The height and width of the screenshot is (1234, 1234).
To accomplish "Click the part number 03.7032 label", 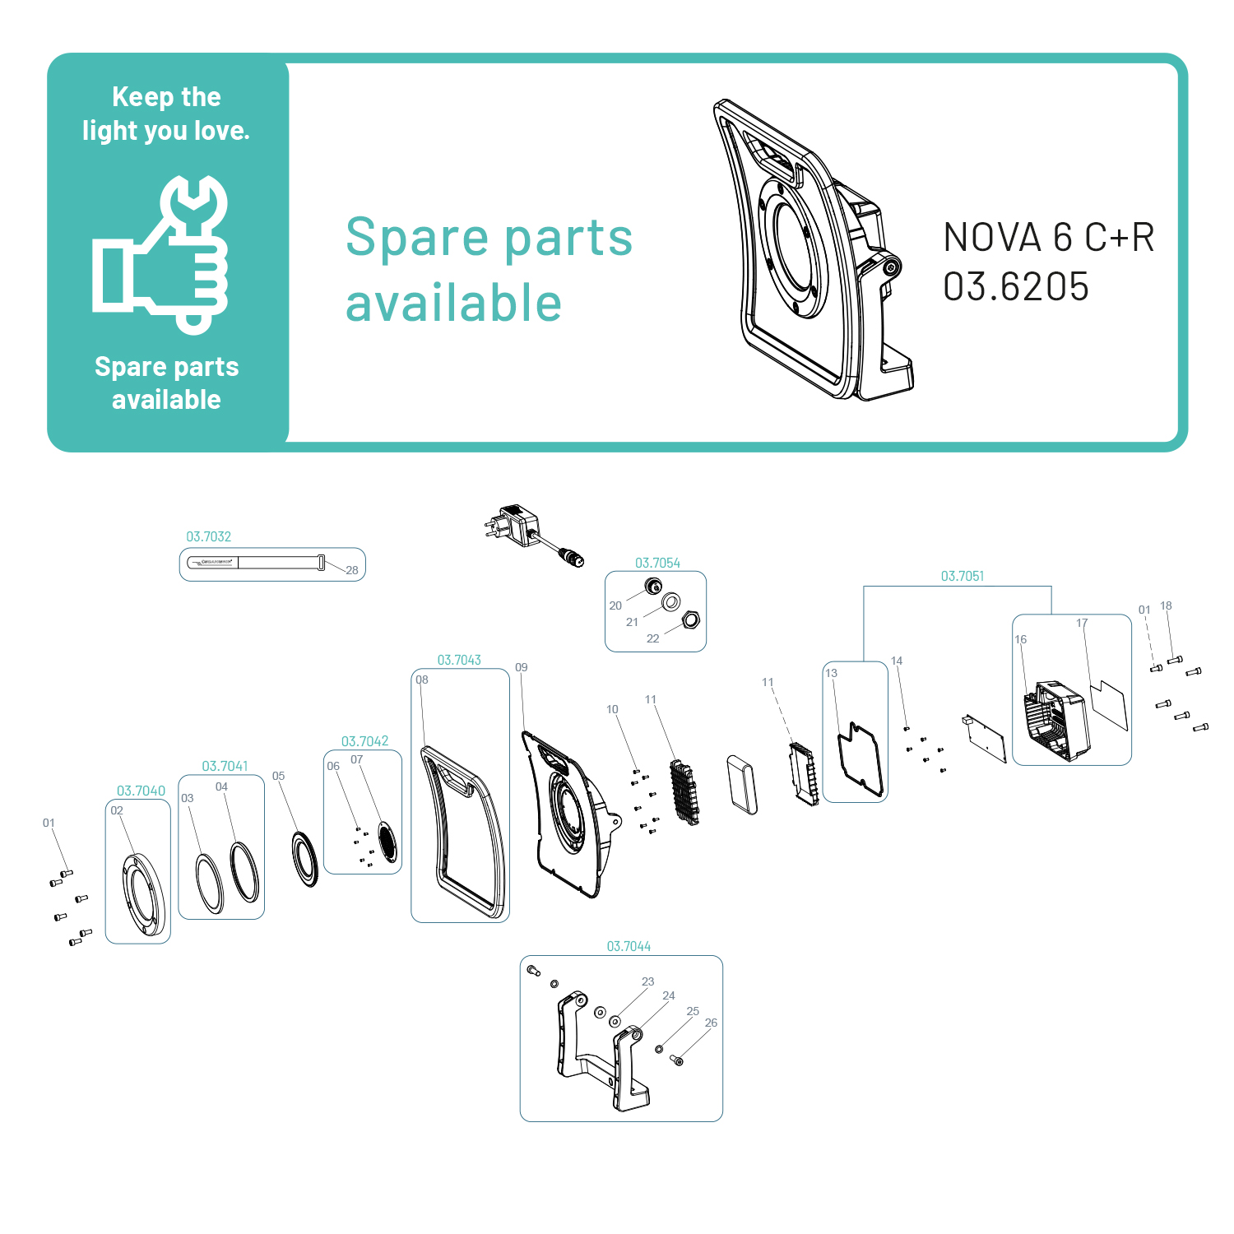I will click(208, 536).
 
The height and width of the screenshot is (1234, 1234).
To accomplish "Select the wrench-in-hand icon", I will click(161, 254).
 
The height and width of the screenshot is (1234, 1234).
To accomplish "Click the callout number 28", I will click(352, 570).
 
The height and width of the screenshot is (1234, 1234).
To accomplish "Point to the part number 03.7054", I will click(657, 563).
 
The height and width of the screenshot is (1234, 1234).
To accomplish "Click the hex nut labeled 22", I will click(691, 619).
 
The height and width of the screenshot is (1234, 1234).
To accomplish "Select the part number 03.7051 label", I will click(962, 576).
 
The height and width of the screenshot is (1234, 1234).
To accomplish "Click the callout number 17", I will click(1082, 623).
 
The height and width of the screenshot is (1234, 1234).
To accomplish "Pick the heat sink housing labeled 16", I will click(1056, 721).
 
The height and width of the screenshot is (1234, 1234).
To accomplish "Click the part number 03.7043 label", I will click(459, 660).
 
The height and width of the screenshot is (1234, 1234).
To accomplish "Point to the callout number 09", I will click(522, 667).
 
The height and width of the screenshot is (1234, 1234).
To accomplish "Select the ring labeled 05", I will click(305, 859).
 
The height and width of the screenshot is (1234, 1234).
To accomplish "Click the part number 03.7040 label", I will click(141, 791).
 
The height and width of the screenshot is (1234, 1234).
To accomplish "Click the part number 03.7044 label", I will click(629, 946).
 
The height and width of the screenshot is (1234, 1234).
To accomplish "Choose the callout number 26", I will click(711, 1023).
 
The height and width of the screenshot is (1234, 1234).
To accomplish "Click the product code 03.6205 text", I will click(1016, 287).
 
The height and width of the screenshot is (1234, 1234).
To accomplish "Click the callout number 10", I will click(612, 709).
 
